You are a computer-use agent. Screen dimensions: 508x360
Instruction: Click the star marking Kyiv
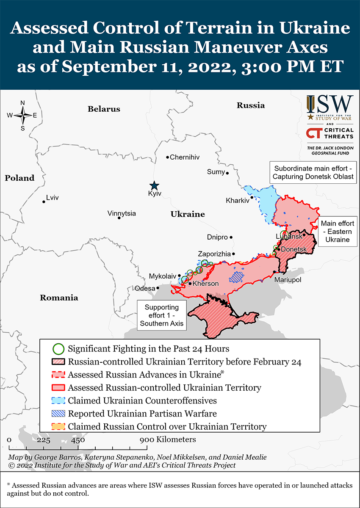(154, 185)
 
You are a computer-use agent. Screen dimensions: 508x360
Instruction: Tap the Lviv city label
(53, 198)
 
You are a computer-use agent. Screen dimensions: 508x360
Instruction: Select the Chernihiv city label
(184, 157)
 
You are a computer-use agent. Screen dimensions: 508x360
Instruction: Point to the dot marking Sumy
(227, 173)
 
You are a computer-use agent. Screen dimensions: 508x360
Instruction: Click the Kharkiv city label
(238, 200)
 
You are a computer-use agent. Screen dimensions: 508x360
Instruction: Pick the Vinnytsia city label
(122, 213)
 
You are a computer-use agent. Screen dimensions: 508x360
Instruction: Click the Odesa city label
(145, 288)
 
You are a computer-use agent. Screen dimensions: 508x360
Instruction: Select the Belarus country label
(104, 109)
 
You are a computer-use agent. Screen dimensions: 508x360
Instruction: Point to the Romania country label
(59, 298)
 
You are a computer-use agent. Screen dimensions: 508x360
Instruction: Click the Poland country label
(19, 178)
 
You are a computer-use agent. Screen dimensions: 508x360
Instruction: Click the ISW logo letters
(330, 104)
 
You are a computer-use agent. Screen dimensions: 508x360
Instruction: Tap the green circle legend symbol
(58, 349)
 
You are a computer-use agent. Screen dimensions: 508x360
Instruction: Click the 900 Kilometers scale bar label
(169, 439)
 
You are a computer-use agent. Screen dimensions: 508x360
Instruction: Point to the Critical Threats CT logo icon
(314, 133)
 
